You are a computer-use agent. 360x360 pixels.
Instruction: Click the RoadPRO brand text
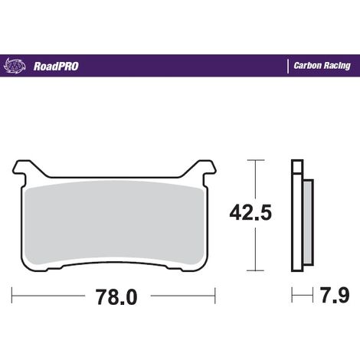[56, 67]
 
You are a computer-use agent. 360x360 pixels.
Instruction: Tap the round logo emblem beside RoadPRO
[15, 66]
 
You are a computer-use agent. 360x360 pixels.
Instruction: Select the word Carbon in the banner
[307, 66]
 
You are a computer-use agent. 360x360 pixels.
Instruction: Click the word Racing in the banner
[336, 66]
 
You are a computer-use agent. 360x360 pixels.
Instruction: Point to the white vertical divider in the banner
[288, 66]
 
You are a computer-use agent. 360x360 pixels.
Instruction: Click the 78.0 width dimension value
[116, 297]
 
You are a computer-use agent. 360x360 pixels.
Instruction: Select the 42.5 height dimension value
[250, 212]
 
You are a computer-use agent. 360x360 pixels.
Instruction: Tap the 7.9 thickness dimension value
[335, 295]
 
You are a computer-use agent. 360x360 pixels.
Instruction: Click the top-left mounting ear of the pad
[22, 169]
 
